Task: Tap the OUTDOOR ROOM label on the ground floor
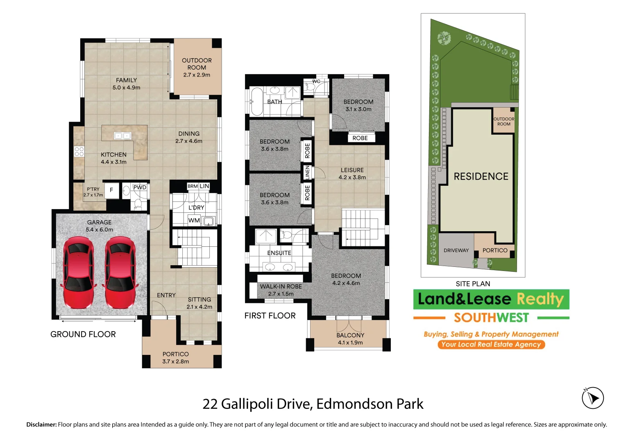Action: click(x=197, y=67)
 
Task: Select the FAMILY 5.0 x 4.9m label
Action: click(x=126, y=84)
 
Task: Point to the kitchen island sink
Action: click(x=122, y=136)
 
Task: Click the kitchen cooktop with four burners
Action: click(x=79, y=151)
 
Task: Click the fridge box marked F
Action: click(x=111, y=190)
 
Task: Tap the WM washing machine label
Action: click(x=194, y=221)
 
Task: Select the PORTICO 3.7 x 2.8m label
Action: click(x=175, y=358)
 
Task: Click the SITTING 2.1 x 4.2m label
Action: click(x=200, y=303)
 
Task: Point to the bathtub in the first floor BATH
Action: click(x=257, y=101)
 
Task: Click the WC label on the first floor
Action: click(x=316, y=81)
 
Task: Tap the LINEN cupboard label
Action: click(x=307, y=172)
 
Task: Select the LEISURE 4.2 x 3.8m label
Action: click(x=352, y=174)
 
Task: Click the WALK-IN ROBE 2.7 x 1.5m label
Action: click(x=281, y=290)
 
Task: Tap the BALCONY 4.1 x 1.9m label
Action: click(x=350, y=339)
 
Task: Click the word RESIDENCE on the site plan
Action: click(x=481, y=176)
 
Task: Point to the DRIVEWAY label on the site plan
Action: click(x=456, y=250)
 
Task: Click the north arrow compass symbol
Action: click(x=592, y=397)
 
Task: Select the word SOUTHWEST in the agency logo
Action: click(x=491, y=318)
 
